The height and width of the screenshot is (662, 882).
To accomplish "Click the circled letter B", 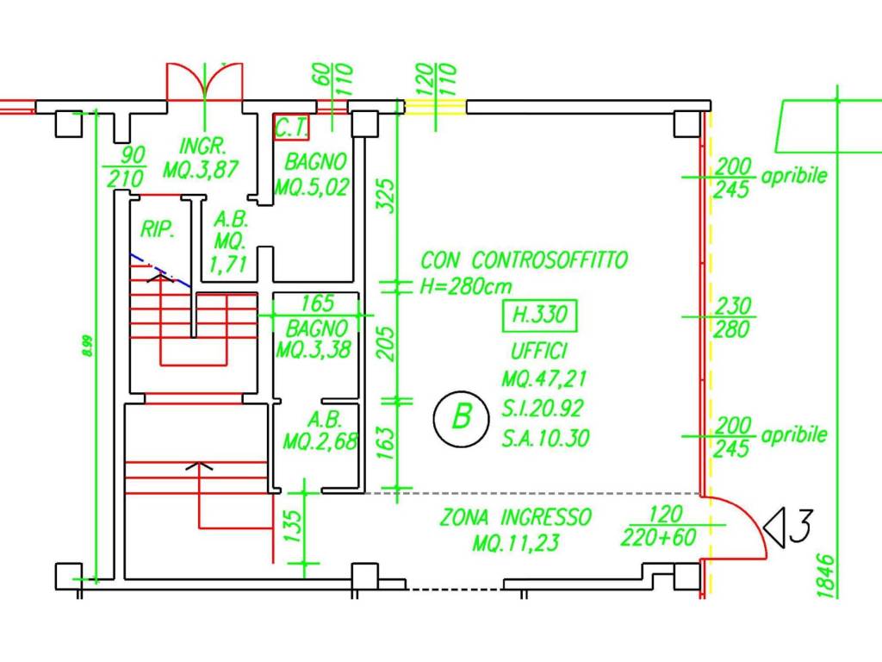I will [x=463, y=419].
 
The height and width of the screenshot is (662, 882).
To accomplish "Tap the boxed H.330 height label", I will [x=540, y=315].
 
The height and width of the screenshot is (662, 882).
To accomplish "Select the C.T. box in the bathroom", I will [x=291, y=128].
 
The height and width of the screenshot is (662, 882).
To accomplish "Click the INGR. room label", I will [x=202, y=144].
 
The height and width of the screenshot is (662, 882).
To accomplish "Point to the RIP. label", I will [x=158, y=230].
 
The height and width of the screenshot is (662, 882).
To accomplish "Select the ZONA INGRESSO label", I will [x=516, y=517].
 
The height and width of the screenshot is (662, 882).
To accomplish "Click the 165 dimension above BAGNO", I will [x=317, y=303].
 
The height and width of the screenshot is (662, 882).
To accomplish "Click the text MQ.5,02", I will [x=312, y=186].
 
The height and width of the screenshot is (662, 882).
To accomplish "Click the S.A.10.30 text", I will [x=546, y=439].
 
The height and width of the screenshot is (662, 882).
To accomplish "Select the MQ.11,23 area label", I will [x=515, y=544].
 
